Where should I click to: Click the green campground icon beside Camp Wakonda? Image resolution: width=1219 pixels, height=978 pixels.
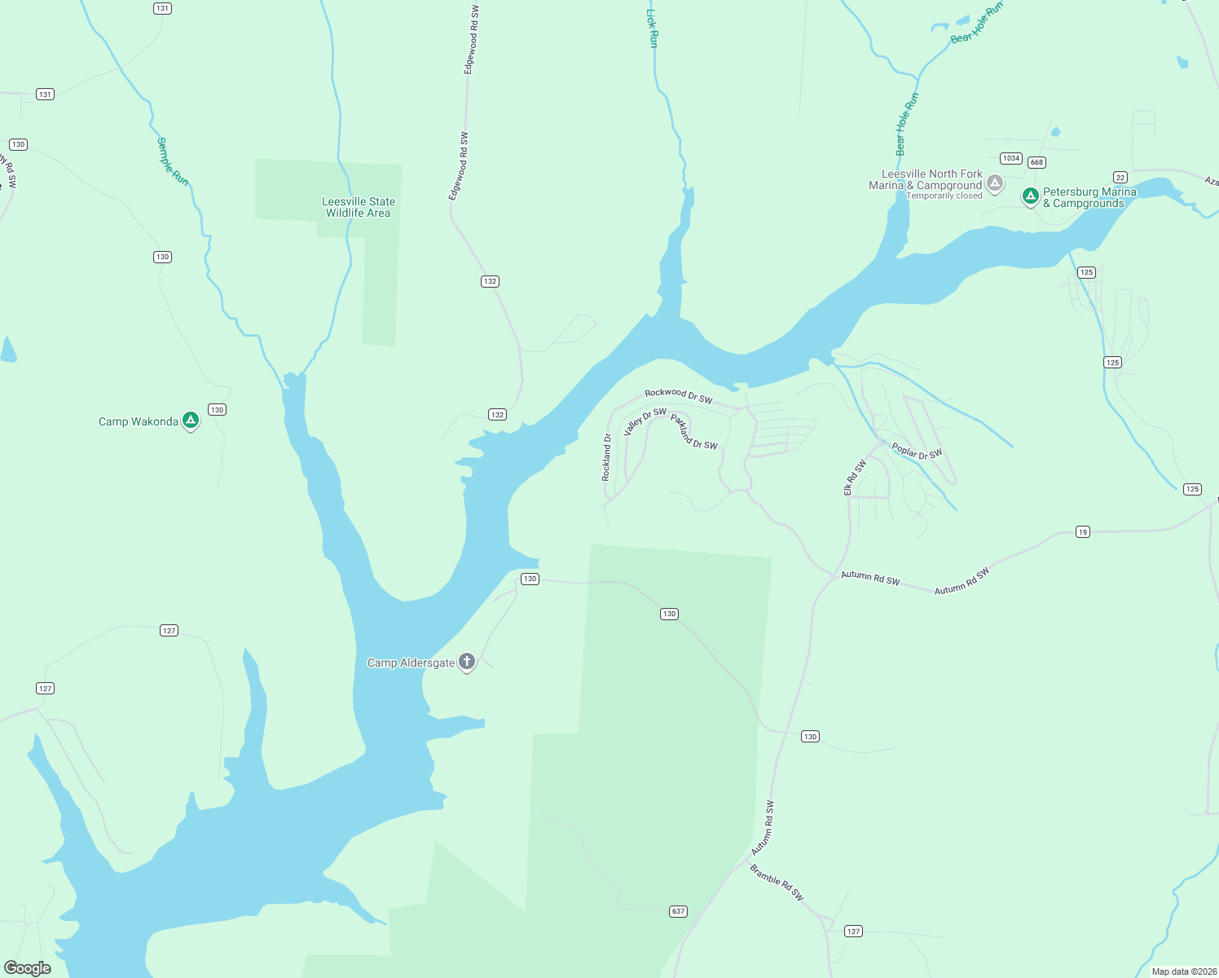coord(191,421)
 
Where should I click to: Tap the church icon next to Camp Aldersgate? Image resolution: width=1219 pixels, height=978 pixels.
coord(467,661)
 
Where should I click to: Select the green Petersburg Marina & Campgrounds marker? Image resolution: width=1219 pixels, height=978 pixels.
coord(1031,196)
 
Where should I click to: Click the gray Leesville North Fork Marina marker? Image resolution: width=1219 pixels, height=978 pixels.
coord(994,183)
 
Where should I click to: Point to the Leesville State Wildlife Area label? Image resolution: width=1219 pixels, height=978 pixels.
coord(359,207)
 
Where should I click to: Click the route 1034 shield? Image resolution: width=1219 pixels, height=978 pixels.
coord(1011,158)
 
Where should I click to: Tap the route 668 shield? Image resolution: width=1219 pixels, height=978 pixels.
coord(1036,162)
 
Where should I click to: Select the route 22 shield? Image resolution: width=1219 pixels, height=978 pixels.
coord(1120,178)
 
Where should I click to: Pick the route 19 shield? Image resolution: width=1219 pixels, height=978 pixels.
coord(1082,531)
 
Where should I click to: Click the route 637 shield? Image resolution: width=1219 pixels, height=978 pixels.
coord(678,911)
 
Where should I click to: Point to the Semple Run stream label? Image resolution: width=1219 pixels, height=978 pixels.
coord(172,161)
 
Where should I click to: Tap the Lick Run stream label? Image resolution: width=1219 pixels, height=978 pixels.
coord(652,27)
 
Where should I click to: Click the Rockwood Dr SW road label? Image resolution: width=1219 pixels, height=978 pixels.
coord(678,396)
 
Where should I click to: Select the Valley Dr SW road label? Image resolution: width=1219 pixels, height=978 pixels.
coord(645,421)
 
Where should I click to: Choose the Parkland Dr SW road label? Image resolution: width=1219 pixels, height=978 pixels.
coord(694,432)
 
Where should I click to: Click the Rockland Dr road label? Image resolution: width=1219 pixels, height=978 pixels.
coord(606,457)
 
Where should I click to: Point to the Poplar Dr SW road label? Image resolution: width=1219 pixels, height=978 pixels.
coord(917,452)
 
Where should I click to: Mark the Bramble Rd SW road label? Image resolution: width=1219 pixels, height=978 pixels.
coord(777,883)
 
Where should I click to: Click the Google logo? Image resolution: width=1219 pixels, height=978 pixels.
coord(28,967)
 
